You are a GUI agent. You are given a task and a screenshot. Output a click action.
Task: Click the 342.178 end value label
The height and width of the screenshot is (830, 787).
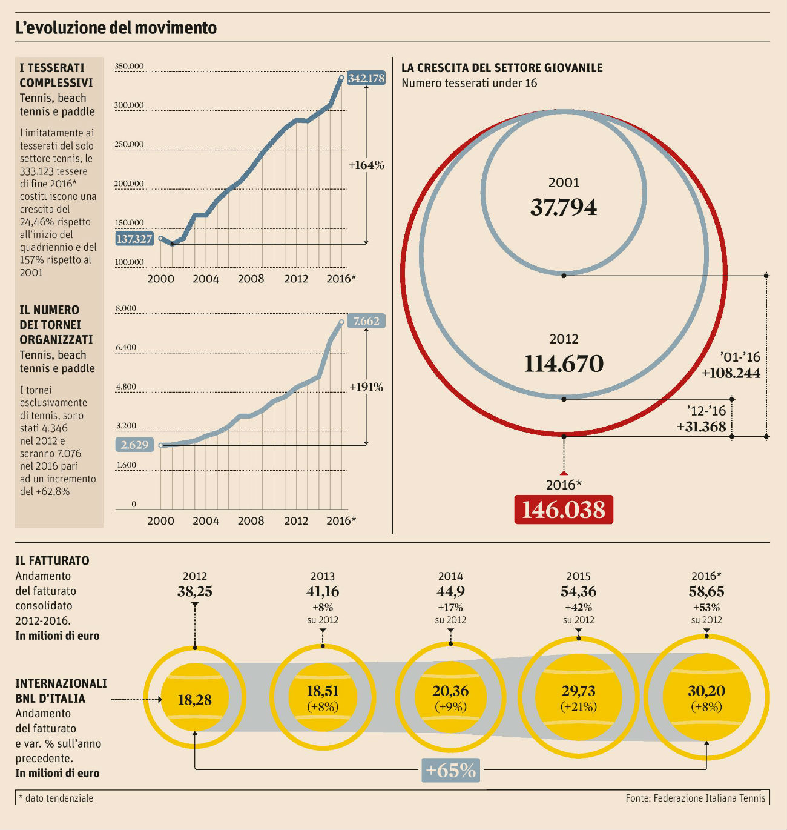(x=366, y=78)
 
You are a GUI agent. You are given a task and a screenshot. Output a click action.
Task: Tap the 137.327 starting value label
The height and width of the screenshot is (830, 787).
(x=134, y=239)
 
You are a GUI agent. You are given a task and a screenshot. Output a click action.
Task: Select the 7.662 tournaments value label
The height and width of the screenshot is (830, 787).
(x=366, y=321)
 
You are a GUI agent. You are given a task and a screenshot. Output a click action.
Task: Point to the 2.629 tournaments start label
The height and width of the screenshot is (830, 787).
(x=134, y=445)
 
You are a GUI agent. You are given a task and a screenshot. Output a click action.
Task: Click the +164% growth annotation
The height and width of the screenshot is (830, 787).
(x=366, y=165)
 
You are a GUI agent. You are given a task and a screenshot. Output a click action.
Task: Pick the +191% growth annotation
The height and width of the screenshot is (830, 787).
(x=366, y=387)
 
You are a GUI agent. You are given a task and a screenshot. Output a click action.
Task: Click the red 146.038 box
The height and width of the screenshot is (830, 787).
(x=564, y=510)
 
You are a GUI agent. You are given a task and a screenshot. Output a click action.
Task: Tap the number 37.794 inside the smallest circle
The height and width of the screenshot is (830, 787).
(x=564, y=207)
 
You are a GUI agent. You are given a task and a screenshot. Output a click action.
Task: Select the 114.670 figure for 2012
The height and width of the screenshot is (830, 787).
(x=564, y=364)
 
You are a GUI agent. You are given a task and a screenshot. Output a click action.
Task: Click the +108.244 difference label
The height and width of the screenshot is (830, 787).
(x=731, y=373)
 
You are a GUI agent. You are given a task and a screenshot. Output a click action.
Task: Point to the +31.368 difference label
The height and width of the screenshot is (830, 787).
(x=701, y=427)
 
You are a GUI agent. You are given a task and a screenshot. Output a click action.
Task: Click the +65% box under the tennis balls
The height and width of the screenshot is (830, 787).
(x=451, y=770)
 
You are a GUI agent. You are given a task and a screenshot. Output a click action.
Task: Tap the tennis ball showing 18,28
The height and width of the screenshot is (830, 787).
(x=195, y=700)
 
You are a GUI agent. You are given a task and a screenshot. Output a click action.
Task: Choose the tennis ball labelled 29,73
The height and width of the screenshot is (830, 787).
(x=579, y=697)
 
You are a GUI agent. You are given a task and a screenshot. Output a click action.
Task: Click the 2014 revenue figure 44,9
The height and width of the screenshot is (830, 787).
(x=450, y=591)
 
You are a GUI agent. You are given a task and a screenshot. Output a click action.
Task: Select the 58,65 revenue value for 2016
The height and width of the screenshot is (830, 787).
(x=706, y=591)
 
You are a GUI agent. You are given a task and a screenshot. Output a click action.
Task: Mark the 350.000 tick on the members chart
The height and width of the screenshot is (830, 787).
(x=129, y=66)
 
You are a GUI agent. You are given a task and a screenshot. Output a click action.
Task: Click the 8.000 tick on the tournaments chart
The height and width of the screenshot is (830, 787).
(x=126, y=308)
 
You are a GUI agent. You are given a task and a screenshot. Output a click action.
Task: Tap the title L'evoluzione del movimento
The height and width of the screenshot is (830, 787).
(x=116, y=28)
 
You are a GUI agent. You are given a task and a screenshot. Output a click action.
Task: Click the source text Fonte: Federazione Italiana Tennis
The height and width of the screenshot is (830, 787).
(x=695, y=798)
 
